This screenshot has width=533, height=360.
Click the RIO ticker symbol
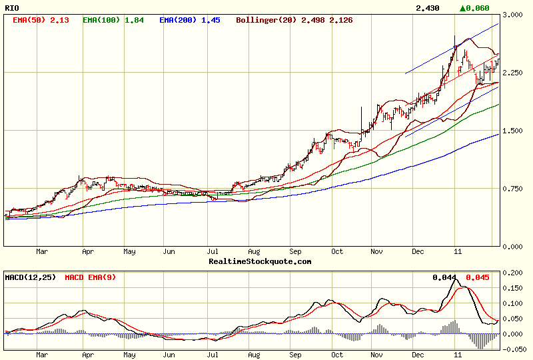(x=11, y=7)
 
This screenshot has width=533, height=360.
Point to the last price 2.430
(x=427, y=8)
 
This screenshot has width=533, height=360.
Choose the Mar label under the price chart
(x=42, y=252)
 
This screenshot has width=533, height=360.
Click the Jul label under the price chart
(x=213, y=252)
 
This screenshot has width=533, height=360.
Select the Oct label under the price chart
(x=338, y=252)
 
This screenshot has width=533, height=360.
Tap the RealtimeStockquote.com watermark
(x=260, y=261)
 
